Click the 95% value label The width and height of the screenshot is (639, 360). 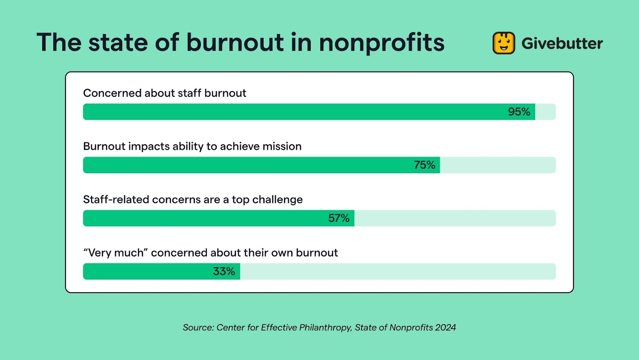(x=519, y=112)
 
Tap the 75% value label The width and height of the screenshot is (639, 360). (x=425, y=165)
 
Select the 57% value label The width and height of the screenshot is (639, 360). (x=339, y=218)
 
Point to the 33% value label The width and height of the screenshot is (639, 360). (x=224, y=271)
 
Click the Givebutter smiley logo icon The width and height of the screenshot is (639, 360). (x=504, y=43)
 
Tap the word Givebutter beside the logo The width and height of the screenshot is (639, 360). (x=562, y=44)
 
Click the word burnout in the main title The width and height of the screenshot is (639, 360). (x=235, y=43)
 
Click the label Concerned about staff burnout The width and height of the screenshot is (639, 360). (x=165, y=93)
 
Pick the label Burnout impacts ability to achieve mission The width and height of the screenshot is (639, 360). (x=192, y=146)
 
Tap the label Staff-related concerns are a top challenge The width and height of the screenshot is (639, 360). (x=193, y=200)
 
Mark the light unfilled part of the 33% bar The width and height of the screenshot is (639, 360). (x=397, y=271)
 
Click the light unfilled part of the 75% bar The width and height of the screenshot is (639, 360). (x=497, y=165)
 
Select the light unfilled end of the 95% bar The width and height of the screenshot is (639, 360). (x=545, y=112)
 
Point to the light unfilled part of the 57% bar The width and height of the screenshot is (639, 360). (x=454, y=218)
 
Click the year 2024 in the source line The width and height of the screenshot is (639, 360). (x=445, y=328)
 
